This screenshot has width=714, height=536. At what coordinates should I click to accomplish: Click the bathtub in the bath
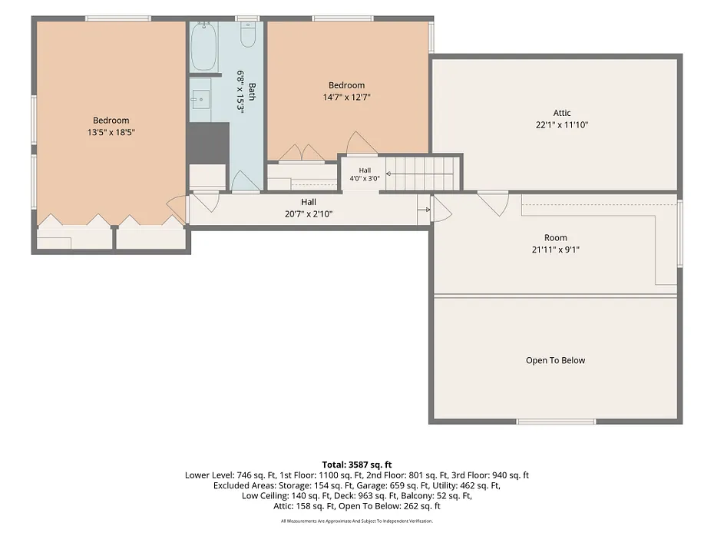[203, 46]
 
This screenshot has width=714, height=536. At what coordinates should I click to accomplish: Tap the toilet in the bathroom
[248, 35]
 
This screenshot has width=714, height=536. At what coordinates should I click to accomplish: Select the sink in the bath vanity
[200, 99]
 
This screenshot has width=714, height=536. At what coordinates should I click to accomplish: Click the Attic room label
[562, 113]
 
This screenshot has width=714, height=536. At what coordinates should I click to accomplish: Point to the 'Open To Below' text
[556, 360]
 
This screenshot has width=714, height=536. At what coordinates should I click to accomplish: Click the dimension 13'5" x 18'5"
[111, 133]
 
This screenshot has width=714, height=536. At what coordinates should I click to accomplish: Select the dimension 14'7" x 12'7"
[346, 97]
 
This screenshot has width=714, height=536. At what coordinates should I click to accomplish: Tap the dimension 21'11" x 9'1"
[556, 250]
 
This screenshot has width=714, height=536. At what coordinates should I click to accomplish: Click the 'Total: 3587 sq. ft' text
[357, 465]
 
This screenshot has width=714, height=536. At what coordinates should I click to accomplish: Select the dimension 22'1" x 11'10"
[562, 124]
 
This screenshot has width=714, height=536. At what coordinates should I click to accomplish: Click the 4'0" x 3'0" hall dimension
[364, 178]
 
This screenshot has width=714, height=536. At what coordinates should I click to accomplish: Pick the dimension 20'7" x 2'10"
[309, 214]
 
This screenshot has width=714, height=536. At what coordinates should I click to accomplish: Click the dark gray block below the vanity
[209, 143]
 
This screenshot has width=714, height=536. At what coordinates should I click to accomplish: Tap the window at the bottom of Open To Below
[556, 422]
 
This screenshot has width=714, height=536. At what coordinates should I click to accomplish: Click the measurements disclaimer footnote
[357, 521]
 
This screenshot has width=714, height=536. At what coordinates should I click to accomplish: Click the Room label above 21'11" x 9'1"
[556, 238]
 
